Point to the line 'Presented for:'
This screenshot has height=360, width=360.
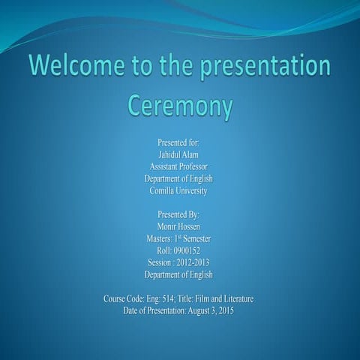(178, 142)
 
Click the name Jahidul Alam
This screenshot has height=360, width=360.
(178, 154)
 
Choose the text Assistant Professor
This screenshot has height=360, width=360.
(178, 166)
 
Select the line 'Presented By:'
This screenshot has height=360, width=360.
(178, 214)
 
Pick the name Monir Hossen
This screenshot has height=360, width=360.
(178, 226)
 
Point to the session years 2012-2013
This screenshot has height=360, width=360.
(193, 262)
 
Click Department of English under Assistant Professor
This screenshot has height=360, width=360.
(178, 178)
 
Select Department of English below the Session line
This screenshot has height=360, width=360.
(178, 274)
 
